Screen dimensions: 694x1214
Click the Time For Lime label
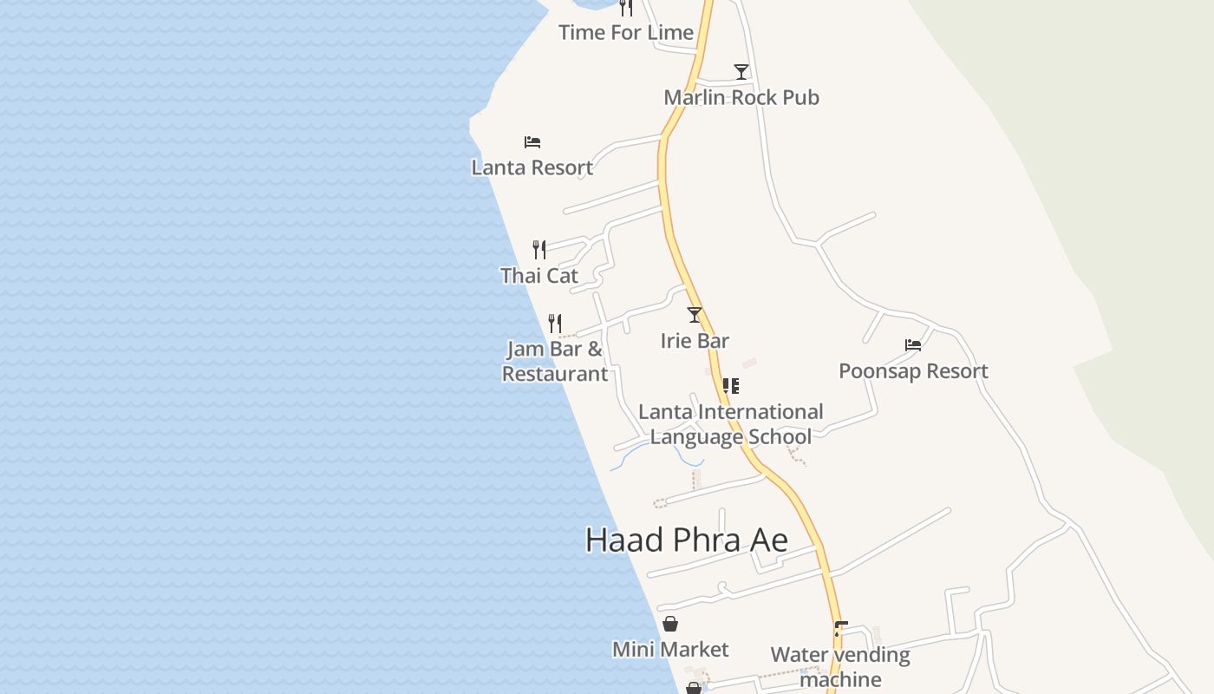(x=625, y=33)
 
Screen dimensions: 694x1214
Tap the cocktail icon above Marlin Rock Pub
(x=741, y=72)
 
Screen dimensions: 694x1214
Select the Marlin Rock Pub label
(x=741, y=97)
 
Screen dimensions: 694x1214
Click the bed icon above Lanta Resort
(x=532, y=142)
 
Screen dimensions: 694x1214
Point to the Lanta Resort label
(x=532, y=167)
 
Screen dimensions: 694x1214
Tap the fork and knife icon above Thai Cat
(x=539, y=250)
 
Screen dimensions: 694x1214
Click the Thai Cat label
(x=538, y=276)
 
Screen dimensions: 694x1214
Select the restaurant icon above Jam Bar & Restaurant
(x=555, y=324)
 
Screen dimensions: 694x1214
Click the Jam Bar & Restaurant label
(x=555, y=362)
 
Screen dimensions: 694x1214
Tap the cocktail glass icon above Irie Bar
(x=694, y=315)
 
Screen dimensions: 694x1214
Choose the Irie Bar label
(x=695, y=341)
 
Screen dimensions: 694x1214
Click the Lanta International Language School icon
(x=731, y=386)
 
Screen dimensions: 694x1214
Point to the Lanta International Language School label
(x=731, y=423)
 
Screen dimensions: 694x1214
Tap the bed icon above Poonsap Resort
(x=913, y=345)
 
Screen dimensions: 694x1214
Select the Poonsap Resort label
(x=913, y=371)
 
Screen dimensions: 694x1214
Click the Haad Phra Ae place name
(x=686, y=540)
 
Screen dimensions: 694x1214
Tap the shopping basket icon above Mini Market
(x=670, y=624)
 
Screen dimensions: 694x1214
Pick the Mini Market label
(x=670, y=650)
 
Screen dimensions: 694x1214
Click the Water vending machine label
(x=840, y=666)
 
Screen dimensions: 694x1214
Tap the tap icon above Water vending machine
(x=839, y=629)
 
